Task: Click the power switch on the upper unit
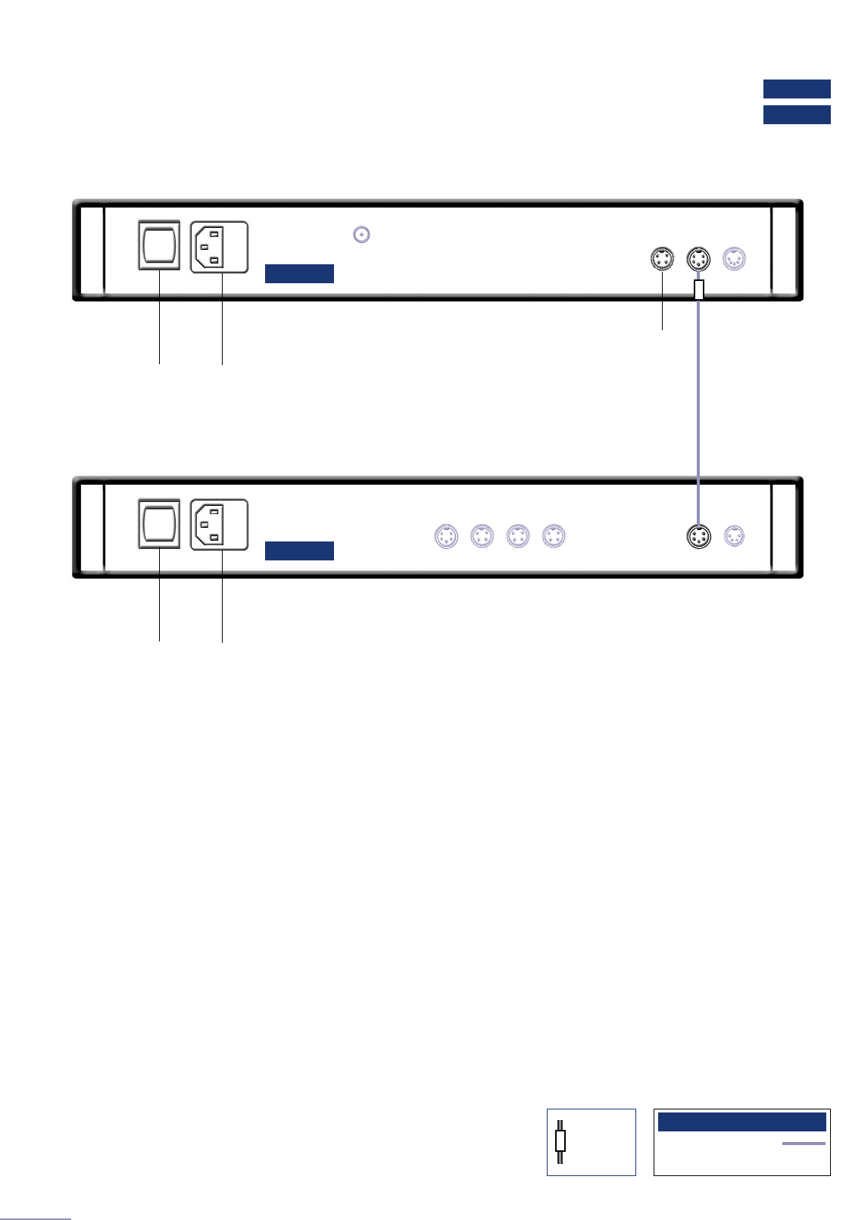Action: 159,245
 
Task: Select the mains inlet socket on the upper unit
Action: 219,247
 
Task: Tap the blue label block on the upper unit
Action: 299,273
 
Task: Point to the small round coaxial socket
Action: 362,235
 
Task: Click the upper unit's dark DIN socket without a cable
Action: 663,260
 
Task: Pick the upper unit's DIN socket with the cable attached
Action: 698,260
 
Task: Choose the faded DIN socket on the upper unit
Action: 734,260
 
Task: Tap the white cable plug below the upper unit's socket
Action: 699,289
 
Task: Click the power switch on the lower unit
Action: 159,523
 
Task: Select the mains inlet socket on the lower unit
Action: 219,525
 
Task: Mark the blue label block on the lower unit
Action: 299,551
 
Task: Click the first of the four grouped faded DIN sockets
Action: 446,536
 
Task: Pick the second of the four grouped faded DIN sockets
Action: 482,536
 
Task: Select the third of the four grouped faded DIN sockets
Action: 518,536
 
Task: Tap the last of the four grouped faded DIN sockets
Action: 554,536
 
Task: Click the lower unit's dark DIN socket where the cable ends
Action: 698,537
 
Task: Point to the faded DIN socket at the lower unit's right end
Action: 734,536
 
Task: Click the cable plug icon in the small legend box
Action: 560,1141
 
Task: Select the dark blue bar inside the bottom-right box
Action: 741,1122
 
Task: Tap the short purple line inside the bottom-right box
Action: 804,1144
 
